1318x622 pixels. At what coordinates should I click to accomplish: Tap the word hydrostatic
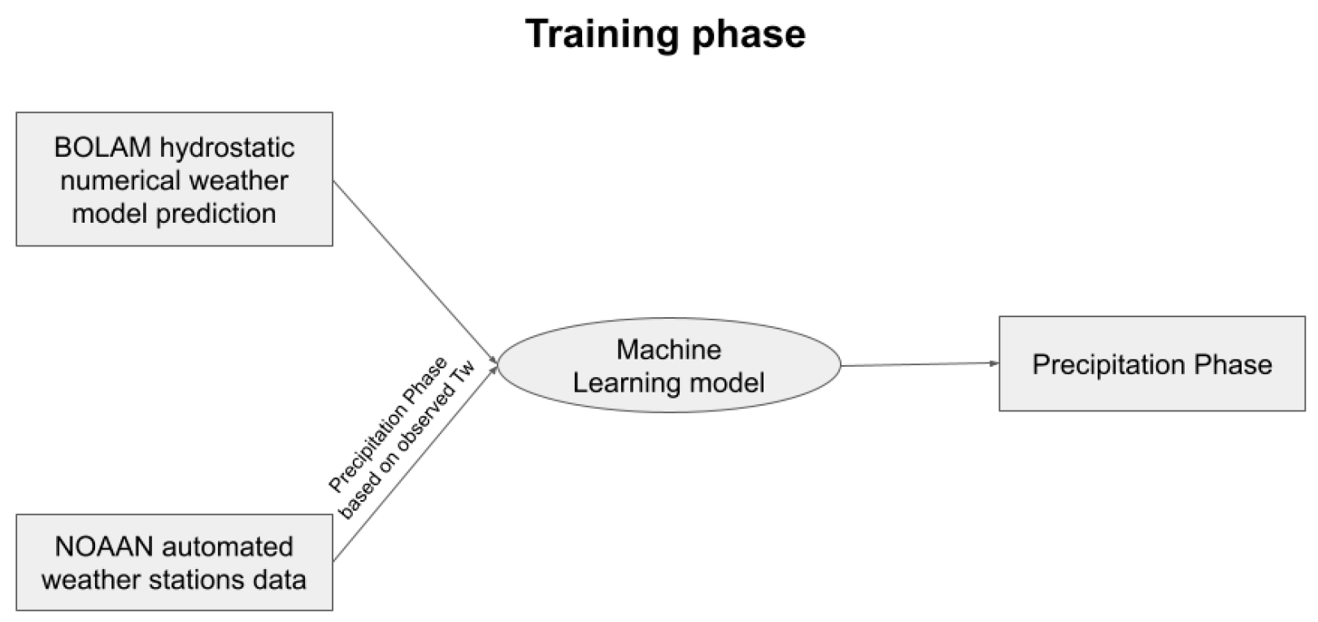(x=227, y=147)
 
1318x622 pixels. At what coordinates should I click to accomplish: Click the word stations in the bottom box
(x=195, y=579)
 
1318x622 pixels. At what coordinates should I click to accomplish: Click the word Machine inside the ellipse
(x=668, y=350)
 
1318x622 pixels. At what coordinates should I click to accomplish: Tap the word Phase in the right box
(x=1233, y=364)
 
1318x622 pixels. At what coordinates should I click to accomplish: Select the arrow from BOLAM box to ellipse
(x=415, y=272)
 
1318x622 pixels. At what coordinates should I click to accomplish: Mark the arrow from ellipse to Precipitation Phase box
(x=919, y=364)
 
